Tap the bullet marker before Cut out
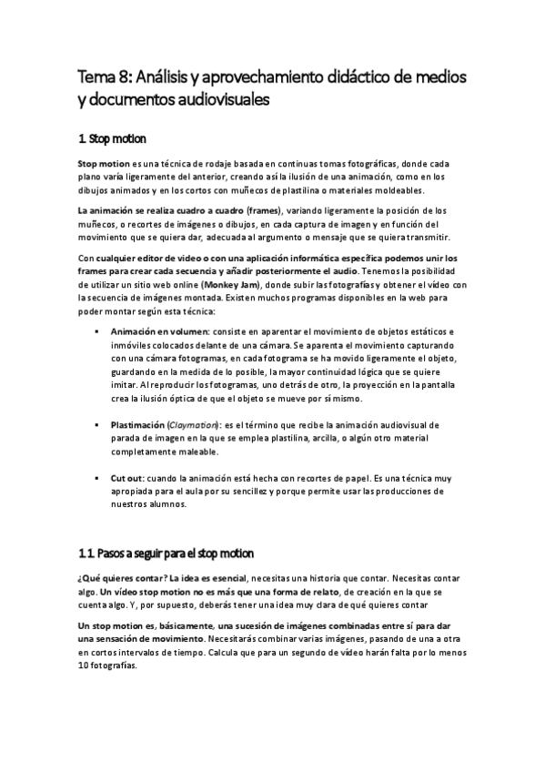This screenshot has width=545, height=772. (96, 478)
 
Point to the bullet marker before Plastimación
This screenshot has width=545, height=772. (96, 425)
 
